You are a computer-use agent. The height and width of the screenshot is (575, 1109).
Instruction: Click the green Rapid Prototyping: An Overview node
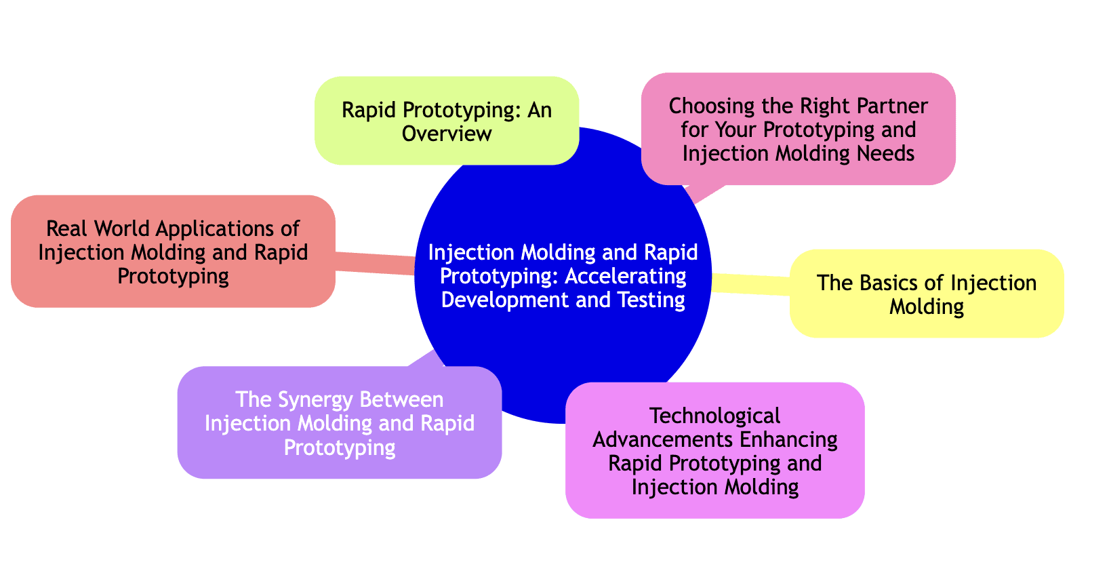click(446, 121)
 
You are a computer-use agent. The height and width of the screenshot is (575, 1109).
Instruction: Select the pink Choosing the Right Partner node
click(798, 129)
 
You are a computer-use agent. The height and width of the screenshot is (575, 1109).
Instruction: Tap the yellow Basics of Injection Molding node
click(927, 294)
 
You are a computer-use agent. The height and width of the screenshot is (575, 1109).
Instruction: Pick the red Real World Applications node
click(173, 252)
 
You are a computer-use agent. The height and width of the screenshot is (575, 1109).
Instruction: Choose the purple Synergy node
click(339, 422)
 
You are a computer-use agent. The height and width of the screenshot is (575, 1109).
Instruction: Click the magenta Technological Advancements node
click(714, 450)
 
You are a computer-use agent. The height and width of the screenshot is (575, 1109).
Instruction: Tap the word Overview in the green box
click(446, 133)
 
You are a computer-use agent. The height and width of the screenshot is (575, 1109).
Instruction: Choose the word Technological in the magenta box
click(714, 415)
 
